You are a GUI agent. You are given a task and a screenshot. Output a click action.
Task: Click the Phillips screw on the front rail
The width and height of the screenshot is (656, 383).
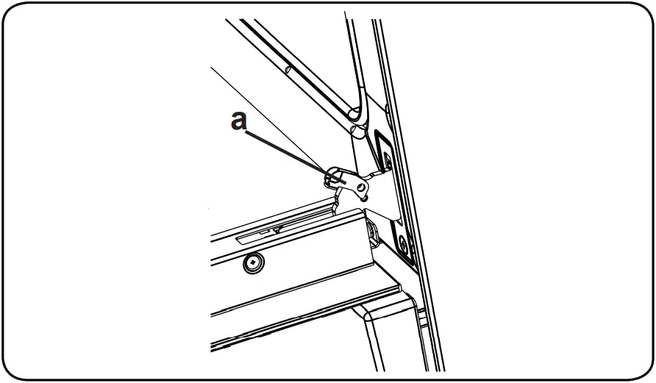coord(254,262)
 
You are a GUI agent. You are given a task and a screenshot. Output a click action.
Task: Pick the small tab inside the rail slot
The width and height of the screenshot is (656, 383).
coord(277,229)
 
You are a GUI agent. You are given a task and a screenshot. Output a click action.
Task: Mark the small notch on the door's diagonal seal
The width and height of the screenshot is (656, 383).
coord(288,70)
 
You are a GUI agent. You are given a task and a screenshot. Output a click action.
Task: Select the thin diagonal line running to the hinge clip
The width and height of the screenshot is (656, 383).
coord(265,118)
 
